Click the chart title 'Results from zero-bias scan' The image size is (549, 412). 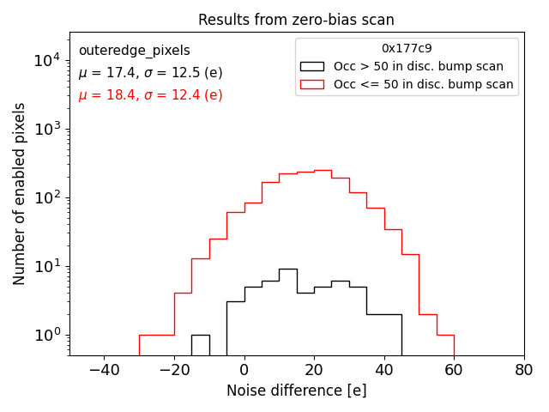296,20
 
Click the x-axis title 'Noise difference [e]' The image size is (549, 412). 296,391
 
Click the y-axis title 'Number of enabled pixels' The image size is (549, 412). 20,194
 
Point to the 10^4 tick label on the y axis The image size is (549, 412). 46,60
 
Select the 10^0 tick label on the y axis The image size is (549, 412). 46,335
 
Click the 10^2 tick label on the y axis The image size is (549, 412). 46,197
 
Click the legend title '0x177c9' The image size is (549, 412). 407,49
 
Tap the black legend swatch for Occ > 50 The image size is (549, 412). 311,66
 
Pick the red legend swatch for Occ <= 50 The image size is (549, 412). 311,84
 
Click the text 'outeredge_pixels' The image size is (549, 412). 134,51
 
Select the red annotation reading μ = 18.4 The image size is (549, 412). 150,95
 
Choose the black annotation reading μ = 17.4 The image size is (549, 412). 150,73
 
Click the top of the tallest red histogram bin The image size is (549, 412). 323,170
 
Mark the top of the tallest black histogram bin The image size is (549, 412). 287,269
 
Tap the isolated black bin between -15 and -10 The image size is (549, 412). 200,335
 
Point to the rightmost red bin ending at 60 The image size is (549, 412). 445,335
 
